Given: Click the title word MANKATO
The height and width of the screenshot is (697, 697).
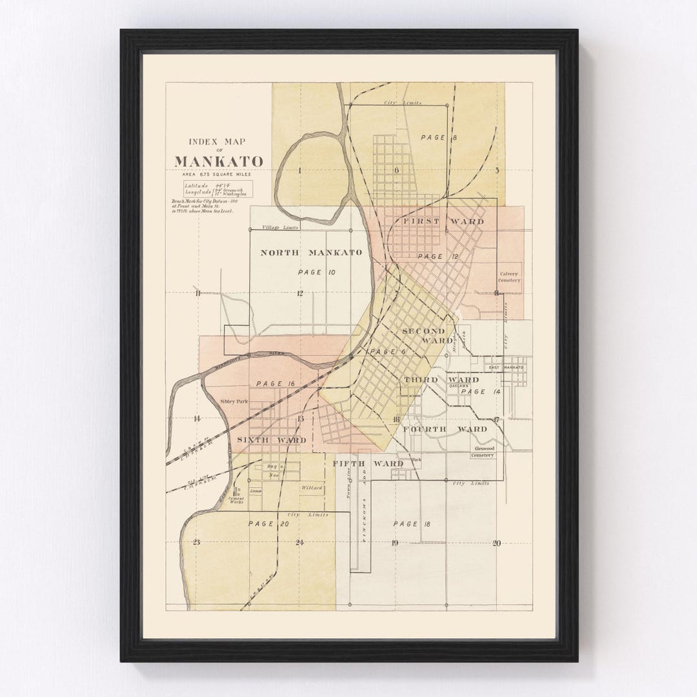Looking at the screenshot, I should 218,161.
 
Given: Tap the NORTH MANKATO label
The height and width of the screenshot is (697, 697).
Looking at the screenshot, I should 311,252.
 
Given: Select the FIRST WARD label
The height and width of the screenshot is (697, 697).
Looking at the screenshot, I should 443,221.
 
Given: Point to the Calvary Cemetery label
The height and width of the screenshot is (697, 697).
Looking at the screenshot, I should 509,277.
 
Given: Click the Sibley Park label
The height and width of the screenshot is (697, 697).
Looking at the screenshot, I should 234,401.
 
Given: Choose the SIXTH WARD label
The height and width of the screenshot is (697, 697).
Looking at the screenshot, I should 271,440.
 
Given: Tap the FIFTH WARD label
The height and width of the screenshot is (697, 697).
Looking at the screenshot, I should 368,463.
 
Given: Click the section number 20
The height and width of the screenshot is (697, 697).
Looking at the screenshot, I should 496,543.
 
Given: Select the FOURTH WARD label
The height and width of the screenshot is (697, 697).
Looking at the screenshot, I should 445,429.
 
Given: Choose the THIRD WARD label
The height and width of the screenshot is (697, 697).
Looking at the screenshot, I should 441,379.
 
